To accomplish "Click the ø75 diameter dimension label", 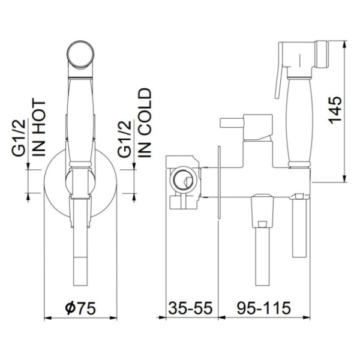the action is (80, 308).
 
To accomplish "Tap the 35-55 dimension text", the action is (191, 308).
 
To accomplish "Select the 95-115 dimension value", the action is (264, 308).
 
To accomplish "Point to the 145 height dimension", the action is (335, 110).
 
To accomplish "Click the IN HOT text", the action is (39, 128).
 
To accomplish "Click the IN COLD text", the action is (145, 123).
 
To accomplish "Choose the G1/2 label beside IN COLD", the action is (124, 139).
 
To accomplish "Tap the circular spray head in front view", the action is (80, 54).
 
